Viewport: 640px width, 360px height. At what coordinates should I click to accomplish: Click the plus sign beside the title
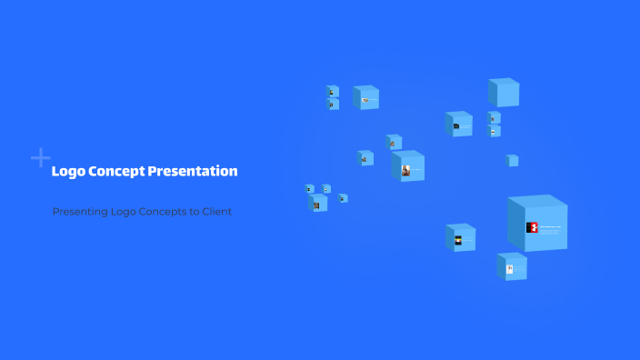click(x=40, y=158)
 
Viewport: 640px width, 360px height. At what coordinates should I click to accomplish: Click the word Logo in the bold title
click(x=66, y=171)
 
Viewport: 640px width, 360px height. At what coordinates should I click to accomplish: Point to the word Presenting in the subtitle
click(x=80, y=212)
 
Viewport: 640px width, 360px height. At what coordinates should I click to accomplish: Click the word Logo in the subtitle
click(x=124, y=212)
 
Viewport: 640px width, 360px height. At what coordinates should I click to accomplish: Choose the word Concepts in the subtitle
click(x=164, y=212)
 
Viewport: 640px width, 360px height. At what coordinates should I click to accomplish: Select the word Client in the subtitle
click(x=217, y=212)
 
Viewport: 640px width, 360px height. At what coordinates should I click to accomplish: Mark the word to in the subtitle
click(x=195, y=212)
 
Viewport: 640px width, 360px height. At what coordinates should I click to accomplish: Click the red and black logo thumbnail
click(x=533, y=227)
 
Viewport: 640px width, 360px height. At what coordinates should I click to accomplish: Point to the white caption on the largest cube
click(x=551, y=227)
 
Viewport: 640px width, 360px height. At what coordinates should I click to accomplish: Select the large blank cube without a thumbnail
click(x=504, y=93)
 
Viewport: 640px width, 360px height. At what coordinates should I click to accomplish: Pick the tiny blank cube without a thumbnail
click(x=513, y=161)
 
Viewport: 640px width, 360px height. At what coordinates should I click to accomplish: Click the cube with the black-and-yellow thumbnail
click(x=461, y=239)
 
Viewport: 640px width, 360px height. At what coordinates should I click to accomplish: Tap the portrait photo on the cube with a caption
click(x=405, y=170)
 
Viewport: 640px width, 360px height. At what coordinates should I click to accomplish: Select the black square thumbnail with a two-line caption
click(x=456, y=126)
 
